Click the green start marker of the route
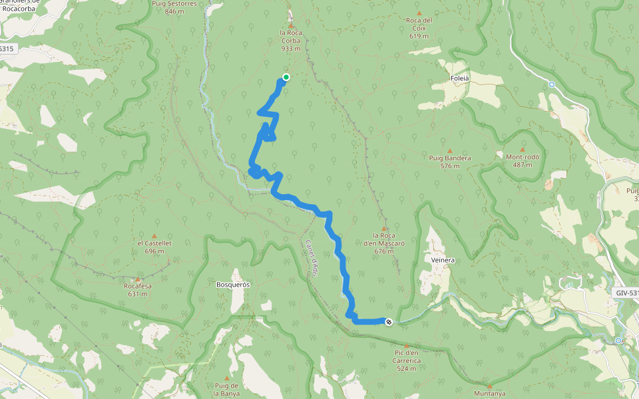click(286, 77)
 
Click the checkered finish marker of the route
click(389, 322)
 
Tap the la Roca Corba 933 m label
click(290, 40)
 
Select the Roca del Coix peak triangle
click(419, 13)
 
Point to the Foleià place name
click(460, 78)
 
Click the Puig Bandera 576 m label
click(450, 162)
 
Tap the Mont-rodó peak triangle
click(523, 150)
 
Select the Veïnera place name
click(443, 260)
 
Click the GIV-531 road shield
click(625, 293)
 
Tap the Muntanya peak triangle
click(489, 386)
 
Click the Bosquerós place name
click(233, 284)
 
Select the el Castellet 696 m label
click(154, 247)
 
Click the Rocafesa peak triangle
click(138, 279)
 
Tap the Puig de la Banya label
click(226, 389)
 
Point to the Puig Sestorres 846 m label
click(174, 7)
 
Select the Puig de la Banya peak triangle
click(226, 378)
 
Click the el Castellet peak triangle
click(154, 235)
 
